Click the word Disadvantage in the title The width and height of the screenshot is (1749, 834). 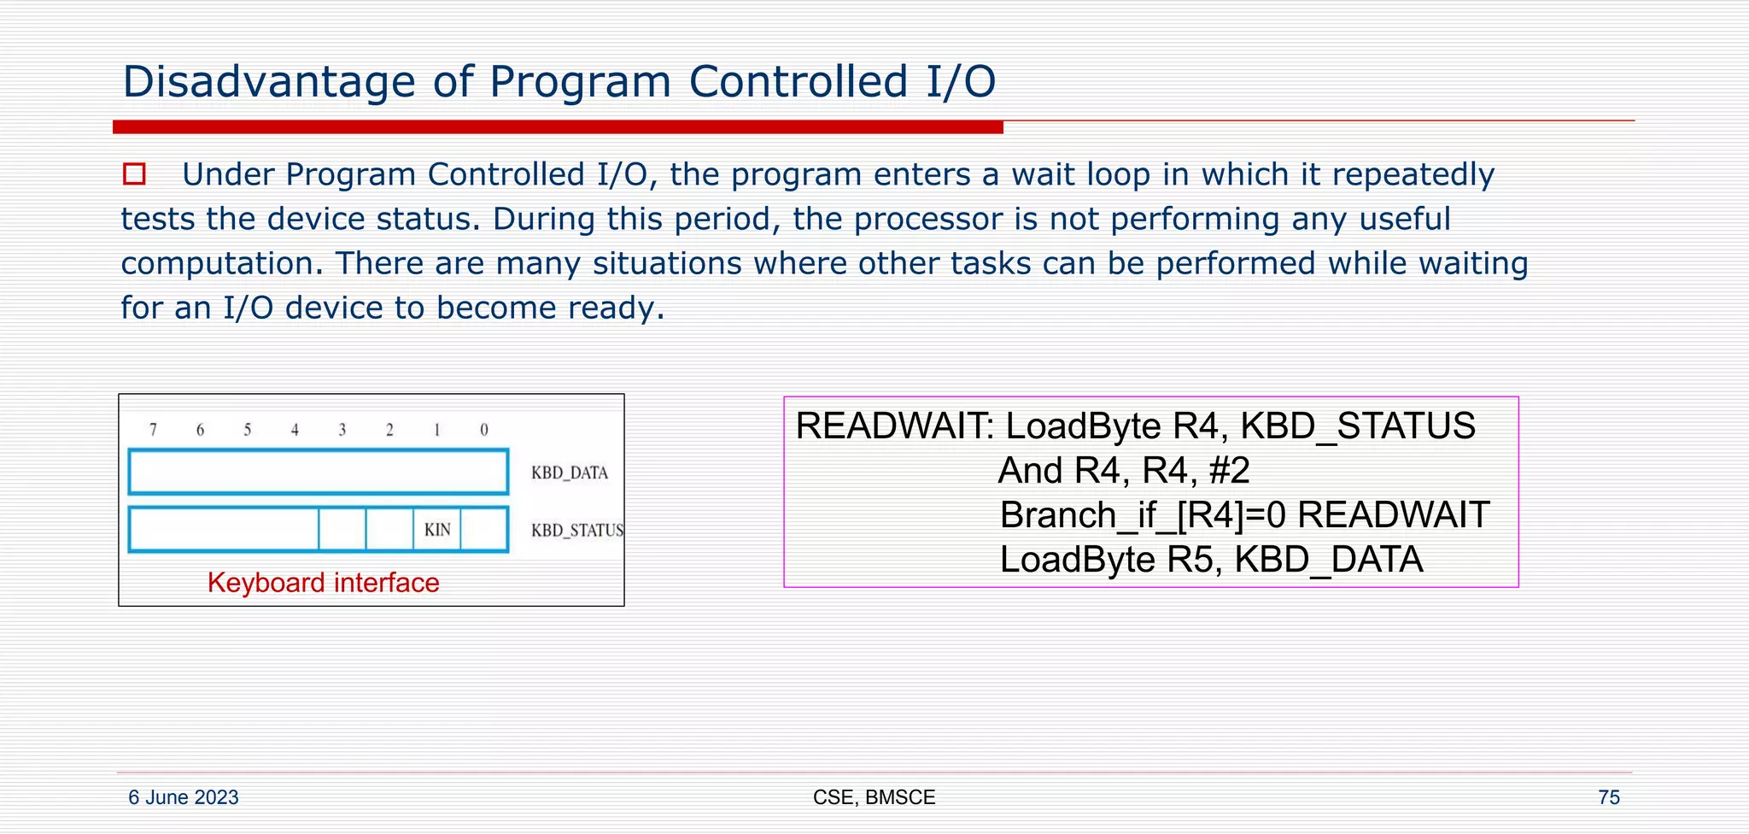coord(268,83)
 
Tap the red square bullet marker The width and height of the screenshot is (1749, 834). coord(134,174)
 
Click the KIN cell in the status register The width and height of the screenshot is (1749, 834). coord(437,530)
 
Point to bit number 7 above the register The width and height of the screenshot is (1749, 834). coord(153,430)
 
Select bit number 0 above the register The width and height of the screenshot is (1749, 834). coord(484,430)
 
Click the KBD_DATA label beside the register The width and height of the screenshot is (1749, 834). coord(569,473)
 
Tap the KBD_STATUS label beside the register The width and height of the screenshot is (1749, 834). coord(577,531)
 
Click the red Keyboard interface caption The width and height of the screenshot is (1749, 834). coord(323,583)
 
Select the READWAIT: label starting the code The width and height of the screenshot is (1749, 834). coord(894,426)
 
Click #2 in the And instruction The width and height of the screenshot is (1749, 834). coord(1230,471)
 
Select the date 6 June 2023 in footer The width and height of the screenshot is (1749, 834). coord(183,797)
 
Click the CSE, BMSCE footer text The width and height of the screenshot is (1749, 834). coord(874,797)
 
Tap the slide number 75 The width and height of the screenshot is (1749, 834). coord(1608,797)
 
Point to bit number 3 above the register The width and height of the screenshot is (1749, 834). coord(342,430)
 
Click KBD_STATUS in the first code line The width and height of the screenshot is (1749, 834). coord(1357,426)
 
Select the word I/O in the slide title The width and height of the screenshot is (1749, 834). coord(961,83)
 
